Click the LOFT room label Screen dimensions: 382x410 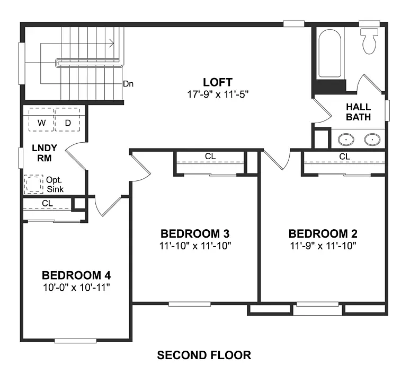click(217, 82)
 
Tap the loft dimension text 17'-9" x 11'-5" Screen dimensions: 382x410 click(217, 94)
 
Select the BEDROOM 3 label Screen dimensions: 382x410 click(195, 233)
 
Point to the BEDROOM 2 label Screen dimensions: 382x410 click(323, 233)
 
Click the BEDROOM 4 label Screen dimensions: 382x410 click(76, 275)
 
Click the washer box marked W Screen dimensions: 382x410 click(41, 123)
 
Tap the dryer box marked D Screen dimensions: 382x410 click(68, 123)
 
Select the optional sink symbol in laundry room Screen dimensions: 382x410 click(34, 185)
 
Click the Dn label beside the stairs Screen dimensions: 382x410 click(128, 83)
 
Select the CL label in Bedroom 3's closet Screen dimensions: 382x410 click(210, 157)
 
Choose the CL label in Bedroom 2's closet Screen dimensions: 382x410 click(344, 157)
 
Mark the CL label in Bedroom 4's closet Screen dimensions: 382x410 click(47, 203)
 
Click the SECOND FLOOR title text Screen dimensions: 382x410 click(204, 355)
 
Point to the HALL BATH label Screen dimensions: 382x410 click(359, 112)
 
